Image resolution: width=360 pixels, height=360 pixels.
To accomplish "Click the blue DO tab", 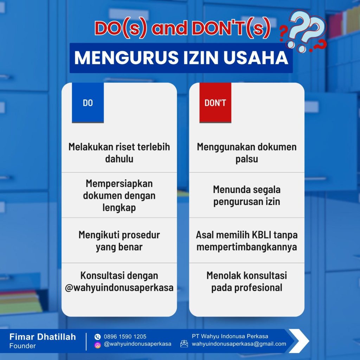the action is tap(88, 103).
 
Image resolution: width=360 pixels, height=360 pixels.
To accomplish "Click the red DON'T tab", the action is tap(215, 103).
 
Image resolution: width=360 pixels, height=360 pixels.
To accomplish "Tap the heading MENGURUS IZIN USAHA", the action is tap(181, 58).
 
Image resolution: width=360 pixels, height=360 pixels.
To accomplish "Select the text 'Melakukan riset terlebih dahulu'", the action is tap(119, 153).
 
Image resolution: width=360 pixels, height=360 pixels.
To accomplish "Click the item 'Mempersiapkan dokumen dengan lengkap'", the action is tap(119, 195).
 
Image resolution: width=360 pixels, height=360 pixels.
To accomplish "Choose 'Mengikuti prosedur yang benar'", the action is tap(119, 241).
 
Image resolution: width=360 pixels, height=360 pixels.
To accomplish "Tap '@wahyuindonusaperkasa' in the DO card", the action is tap(119, 288).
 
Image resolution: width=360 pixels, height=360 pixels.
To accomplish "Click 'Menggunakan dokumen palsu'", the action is tap(247, 153).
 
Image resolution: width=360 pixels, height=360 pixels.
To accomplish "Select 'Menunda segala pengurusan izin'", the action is tap(247, 195).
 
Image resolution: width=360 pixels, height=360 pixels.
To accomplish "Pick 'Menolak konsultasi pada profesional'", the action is tap(247, 282).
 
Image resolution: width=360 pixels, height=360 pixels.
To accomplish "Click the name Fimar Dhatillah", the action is tap(43, 337).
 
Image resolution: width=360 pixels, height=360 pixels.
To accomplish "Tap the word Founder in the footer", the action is tap(22, 346).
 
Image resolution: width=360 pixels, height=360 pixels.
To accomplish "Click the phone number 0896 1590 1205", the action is tap(125, 336).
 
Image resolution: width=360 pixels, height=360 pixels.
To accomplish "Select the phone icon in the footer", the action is tap(98, 336).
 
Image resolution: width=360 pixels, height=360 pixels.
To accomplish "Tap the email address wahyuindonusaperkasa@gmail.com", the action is tap(239, 344).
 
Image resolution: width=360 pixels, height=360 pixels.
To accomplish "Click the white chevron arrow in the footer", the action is tap(299, 341).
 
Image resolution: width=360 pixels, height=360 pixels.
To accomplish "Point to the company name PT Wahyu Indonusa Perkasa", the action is tap(230, 336).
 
